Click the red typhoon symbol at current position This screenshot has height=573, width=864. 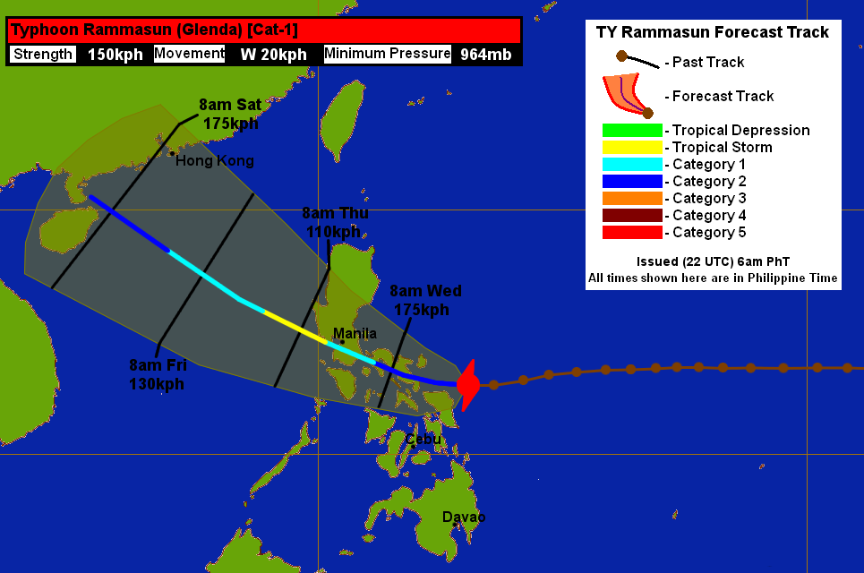(467, 385)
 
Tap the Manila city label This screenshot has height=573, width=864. (355, 334)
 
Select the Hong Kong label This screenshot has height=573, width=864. (215, 161)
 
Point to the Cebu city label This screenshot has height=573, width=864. (423, 440)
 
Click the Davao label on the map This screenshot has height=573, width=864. (464, 517)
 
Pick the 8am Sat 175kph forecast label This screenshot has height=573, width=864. (230, 114)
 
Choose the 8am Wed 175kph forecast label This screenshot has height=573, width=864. (425, 300)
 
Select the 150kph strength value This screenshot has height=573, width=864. (115, 55)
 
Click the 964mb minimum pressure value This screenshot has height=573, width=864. (486, 55)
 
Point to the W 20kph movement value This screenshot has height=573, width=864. (273, 55)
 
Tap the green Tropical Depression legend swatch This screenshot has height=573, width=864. (632, 131)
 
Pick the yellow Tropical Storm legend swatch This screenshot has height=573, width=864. (632, 148)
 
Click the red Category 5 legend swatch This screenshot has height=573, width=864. (632, 233)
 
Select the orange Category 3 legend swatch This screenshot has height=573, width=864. (632, 199)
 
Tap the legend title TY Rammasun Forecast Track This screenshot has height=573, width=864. (713, 33)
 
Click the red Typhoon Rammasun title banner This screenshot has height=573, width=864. (264, 30)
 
